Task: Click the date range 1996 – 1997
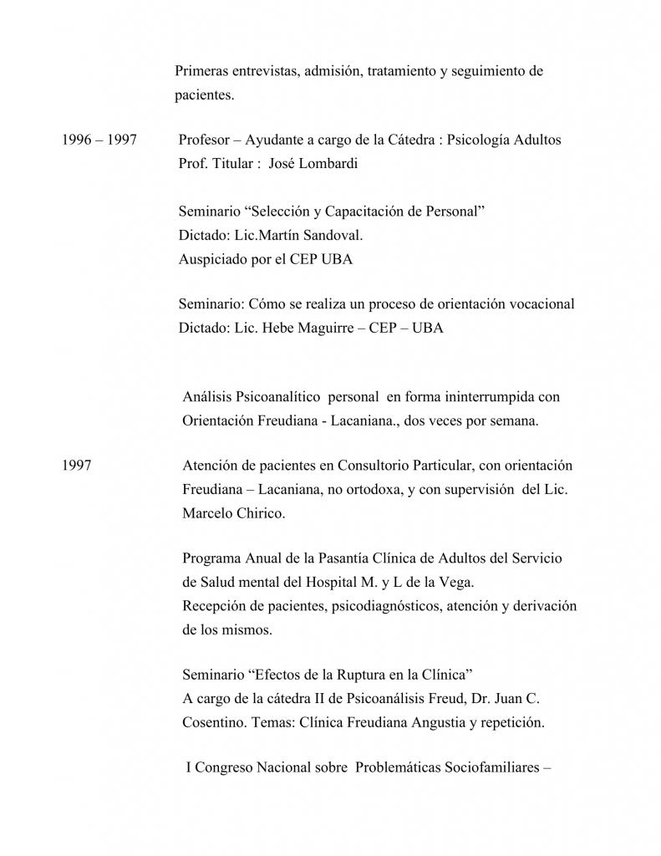99,140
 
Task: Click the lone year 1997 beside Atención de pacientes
76,466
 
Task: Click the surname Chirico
260,513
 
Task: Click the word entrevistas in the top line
267,71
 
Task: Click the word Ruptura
337,675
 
